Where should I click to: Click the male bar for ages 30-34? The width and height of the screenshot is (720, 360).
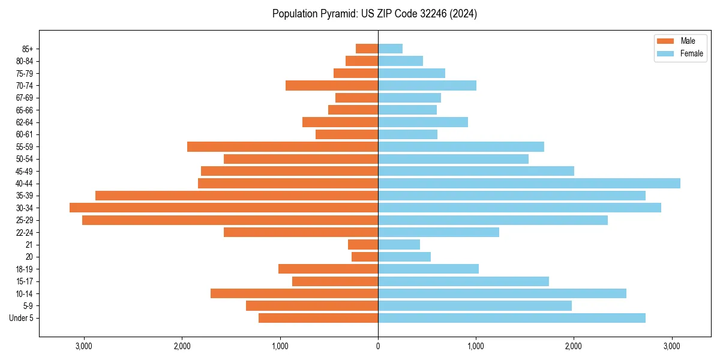pos(224,208)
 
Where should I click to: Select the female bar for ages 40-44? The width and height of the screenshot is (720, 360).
pos(529,183)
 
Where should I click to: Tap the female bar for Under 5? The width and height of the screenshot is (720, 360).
pos(512,318)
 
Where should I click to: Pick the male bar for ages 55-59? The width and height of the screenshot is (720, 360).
pos(283,146)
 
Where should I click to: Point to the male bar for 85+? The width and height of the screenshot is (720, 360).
pos(367,49)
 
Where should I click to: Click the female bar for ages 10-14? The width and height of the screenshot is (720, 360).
pos(502,293)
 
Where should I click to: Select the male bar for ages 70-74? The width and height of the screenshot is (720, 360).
pos(332,85)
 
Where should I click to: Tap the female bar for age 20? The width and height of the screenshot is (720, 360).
pos(404,257)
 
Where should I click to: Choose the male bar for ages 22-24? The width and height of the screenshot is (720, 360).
pos(301,232)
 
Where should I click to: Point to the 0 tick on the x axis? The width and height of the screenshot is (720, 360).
pos(378,346)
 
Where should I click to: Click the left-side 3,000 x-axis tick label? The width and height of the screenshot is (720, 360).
pos(84,346)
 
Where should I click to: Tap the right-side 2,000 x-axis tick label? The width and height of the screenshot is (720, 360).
pos(574,346)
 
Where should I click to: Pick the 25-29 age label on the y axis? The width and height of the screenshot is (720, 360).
pos(25,220)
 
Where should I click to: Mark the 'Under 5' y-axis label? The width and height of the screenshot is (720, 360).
pos(22,318)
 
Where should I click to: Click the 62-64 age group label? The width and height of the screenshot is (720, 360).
pos(25,122)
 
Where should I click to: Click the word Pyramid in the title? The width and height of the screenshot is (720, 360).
pos(337,14)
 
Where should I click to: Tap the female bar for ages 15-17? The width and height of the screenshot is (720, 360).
pos(463,281)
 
